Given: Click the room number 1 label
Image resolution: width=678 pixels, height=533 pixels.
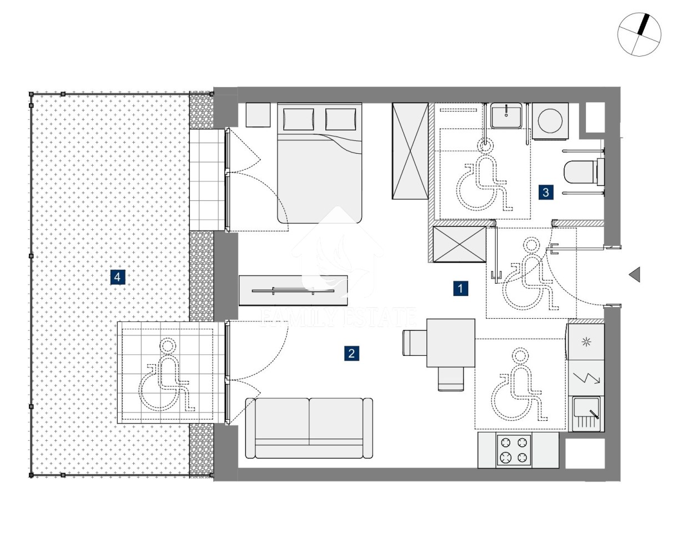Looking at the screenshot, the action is tap(460, 288).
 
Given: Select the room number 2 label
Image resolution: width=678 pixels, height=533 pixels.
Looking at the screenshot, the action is tap(351, 353).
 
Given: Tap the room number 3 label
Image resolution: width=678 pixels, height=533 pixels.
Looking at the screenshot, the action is tap(546, 192).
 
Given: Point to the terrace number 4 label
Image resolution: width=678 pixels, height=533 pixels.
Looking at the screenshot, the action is tap(118, 277).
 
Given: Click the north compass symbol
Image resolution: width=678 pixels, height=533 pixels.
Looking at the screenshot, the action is tap(639, 34).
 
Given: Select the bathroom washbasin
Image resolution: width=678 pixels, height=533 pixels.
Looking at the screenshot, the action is tap(506, 115).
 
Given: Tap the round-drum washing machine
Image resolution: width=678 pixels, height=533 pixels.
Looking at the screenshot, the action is tap(550, 121).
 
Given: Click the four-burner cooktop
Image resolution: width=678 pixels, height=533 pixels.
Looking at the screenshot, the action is tap(514, 450).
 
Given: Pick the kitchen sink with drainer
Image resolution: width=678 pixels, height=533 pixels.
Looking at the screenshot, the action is tap(586, 414).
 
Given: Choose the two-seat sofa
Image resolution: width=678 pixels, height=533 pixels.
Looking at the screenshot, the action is tap(309, 428).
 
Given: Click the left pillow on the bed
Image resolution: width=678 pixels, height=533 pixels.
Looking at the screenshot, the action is tap(298, 119).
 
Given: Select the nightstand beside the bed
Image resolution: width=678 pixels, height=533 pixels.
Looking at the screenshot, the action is tap(258, 115).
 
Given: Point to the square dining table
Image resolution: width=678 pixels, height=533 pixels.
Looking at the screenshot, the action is tap(451, 343).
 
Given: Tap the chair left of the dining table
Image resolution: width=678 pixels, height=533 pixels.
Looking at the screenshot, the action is tap(415, 343).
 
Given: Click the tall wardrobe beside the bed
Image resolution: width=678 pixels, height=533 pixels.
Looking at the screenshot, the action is tap(410, 151).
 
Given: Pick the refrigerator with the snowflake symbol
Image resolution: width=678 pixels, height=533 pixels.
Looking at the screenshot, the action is tap(586, 342).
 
